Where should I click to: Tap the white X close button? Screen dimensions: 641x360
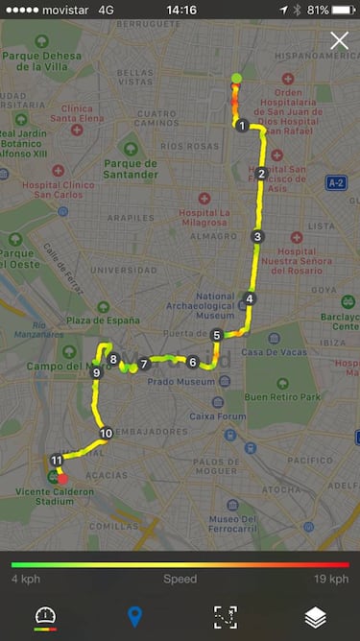[339, 40]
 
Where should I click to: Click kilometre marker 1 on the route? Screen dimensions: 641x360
[242, 126]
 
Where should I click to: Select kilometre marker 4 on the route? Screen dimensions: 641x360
[250, 298]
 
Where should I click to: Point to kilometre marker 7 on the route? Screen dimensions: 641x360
[144, 364]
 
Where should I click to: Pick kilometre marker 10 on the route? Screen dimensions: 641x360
[106, 434]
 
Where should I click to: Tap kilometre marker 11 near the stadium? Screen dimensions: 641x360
[57, 461]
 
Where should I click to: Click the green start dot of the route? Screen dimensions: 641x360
[236, 79]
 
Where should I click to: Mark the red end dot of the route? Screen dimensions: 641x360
[63, 478]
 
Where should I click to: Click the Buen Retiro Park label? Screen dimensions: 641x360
[282, 396]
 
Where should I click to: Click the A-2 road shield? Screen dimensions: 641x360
[335, 182]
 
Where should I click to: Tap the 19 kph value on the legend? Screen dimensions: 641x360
[332, 580]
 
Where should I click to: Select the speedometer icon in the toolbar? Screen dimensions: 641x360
[45, 617]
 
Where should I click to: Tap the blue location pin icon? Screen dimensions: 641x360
[134, 616]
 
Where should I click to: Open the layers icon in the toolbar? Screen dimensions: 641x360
[315, 617]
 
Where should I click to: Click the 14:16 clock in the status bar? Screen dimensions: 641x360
[180, 10]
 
